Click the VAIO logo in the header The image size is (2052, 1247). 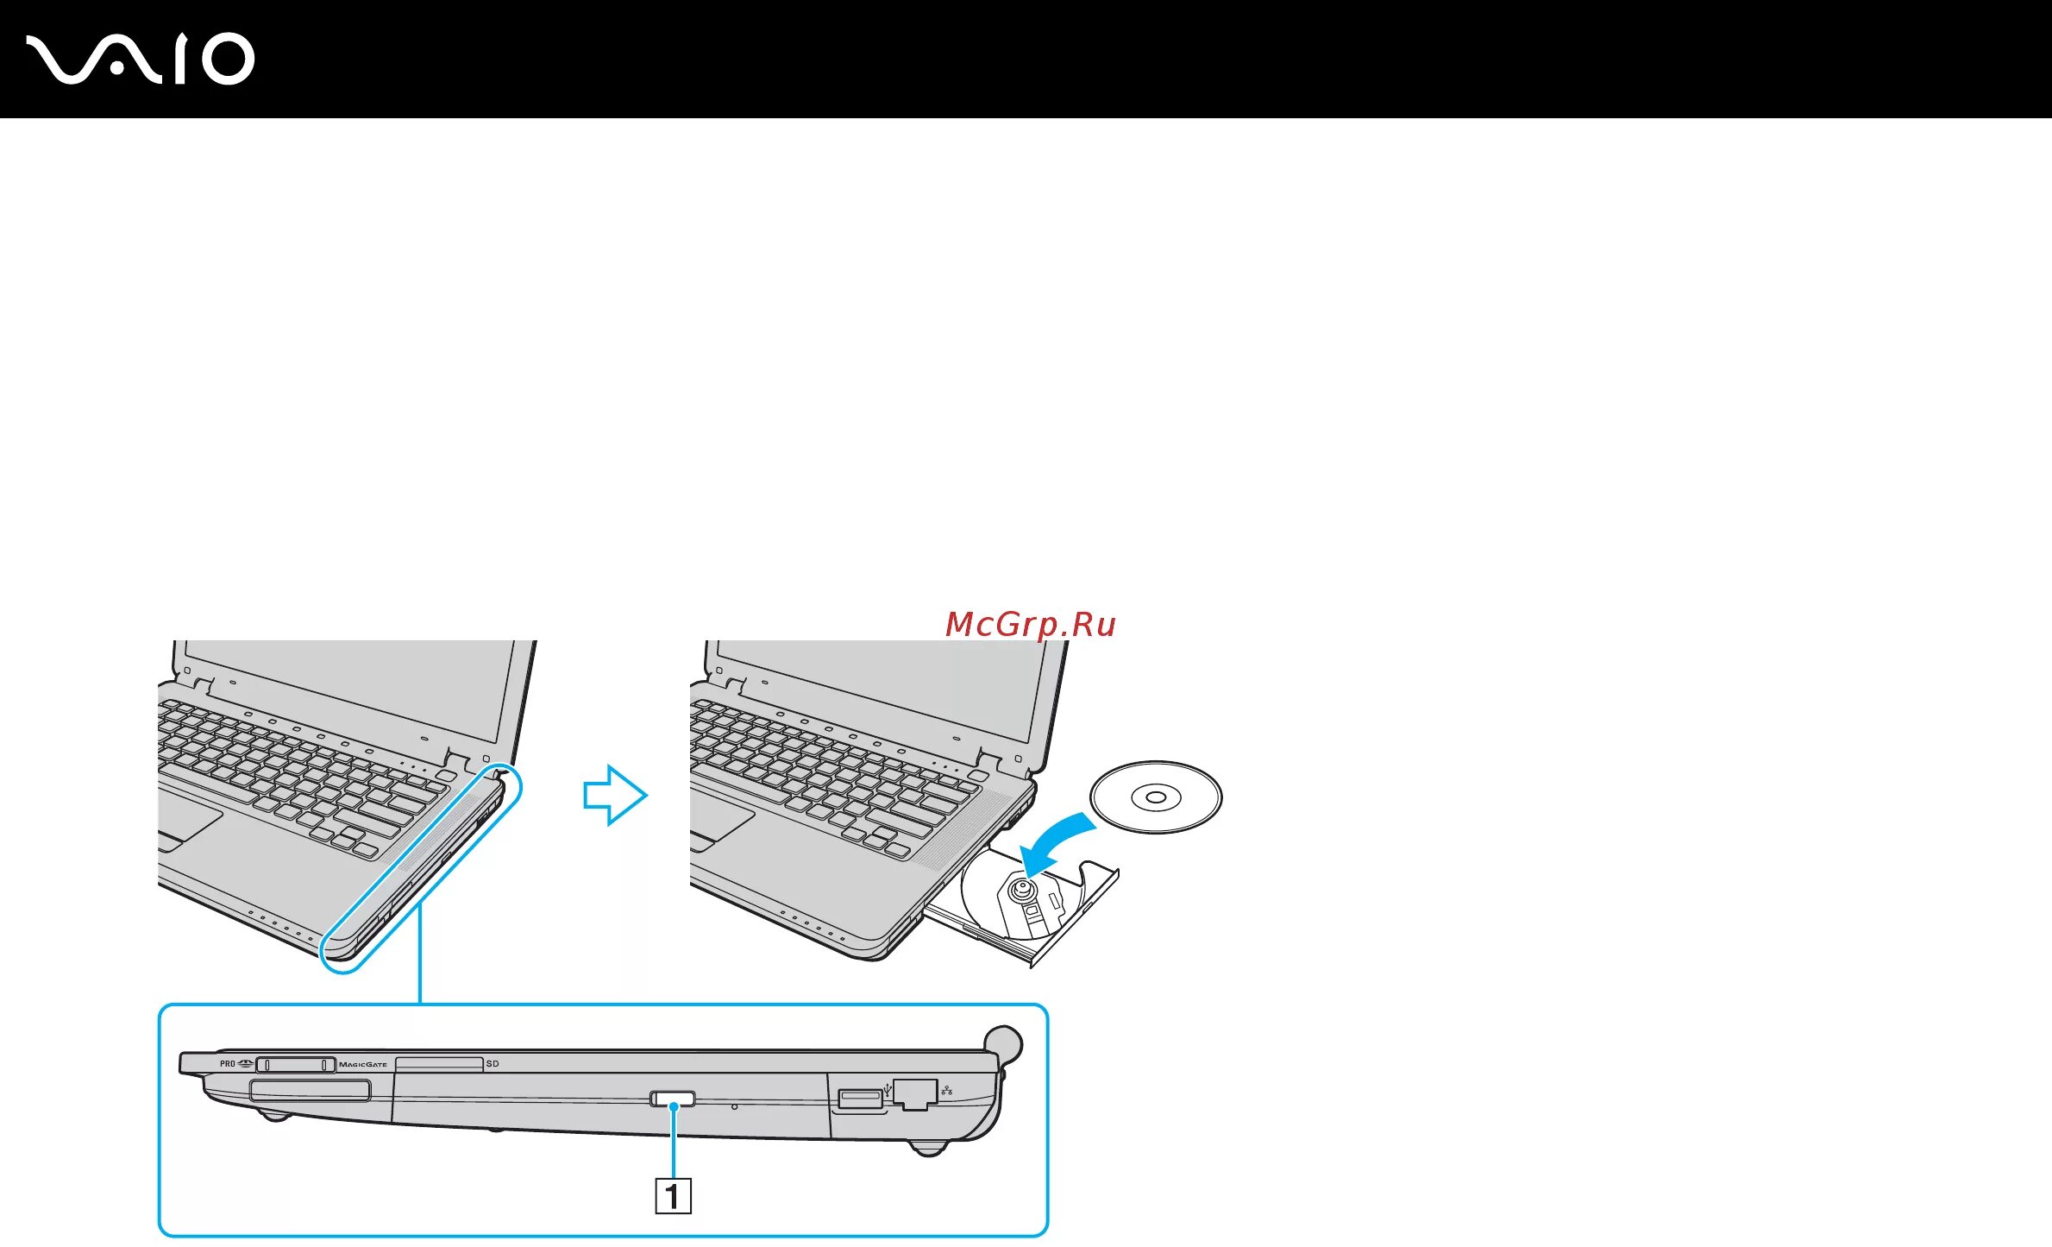(140, 59)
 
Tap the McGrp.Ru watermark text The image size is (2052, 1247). (1030, 624)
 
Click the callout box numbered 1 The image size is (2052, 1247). (673, 1196)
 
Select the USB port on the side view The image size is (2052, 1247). (859, 1099)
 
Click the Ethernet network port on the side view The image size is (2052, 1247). (914, 1093)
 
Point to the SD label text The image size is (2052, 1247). (493, 1064)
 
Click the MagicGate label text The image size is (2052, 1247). (363, 1065)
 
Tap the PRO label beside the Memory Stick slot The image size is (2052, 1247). (227, 1064)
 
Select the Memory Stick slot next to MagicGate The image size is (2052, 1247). (295, 1065)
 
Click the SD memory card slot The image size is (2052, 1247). (438, 1064)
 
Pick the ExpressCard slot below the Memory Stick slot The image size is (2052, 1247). (311, 1091)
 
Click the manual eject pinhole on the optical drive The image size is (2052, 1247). (734, 1106)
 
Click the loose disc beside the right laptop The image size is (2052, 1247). (1156, 797)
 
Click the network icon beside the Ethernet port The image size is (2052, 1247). (947, 1091)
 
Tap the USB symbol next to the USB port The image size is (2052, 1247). (888, 1091)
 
